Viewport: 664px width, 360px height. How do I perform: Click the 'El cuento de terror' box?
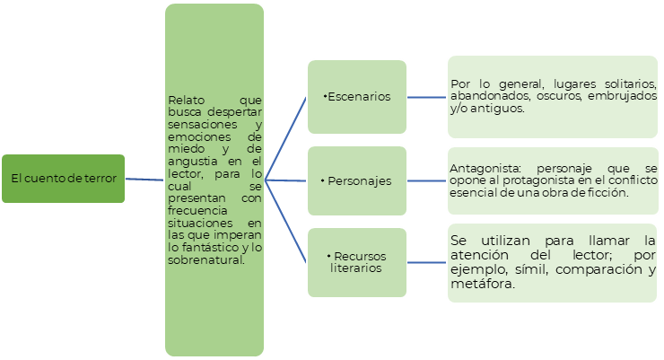63,179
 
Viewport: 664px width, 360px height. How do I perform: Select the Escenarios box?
357,96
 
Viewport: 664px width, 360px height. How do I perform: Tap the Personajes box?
357,180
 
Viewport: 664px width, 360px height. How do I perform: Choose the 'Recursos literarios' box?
357,262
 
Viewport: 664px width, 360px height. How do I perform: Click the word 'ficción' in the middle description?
610,193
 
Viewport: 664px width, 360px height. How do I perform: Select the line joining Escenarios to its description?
427,96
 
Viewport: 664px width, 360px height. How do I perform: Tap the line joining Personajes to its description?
427,180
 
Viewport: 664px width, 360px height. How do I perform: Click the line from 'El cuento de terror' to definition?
145,180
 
